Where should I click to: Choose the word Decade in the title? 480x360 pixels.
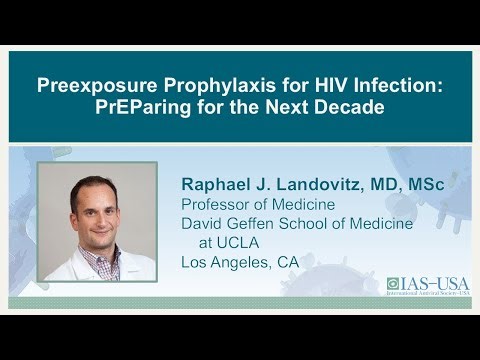(x=355, y=107)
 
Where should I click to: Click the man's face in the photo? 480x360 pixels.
(x=93, y=207)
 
